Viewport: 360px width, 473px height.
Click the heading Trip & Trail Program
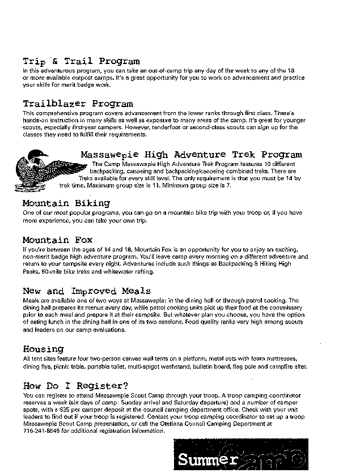[x=81, y=61]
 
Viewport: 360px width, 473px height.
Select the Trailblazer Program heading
[x=78, y=104]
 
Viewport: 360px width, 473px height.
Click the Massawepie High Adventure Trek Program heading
[x=191, y=154]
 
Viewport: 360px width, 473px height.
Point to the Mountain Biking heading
[x=66, y=203]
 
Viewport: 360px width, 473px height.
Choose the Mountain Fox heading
[x=57, y=240]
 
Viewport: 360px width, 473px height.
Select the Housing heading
[x=43, y=349]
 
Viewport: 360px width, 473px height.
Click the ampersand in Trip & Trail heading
[x=56, y=61]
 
